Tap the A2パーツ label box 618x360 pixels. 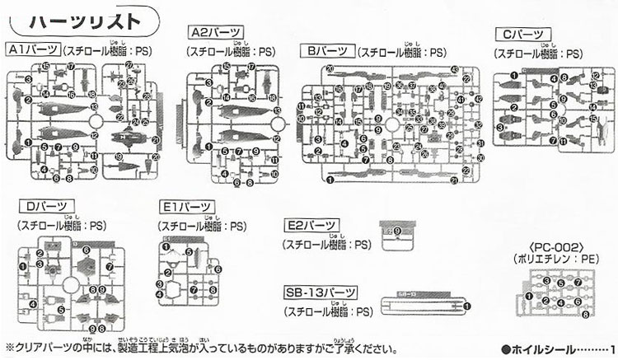217,34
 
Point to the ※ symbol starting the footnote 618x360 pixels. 9,347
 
